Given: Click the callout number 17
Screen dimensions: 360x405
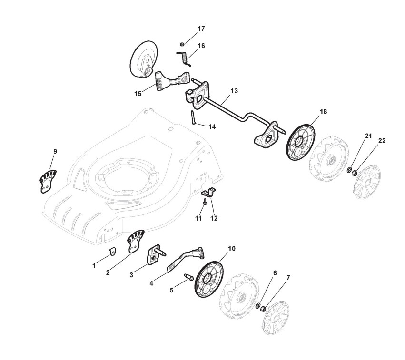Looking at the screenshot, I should pos(201,29).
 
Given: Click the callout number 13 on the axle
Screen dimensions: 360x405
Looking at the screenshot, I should pos(234,91).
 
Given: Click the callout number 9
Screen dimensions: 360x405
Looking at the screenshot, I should pos(55,151).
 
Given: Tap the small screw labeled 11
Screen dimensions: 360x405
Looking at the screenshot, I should pos(204,202).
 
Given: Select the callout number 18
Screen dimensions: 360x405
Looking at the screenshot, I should pos(323,112).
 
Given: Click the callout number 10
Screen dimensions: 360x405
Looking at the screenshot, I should pos(232,249).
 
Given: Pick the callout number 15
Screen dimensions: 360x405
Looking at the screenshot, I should pos(138,94).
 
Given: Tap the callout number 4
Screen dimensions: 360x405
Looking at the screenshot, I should pos(151,283).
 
